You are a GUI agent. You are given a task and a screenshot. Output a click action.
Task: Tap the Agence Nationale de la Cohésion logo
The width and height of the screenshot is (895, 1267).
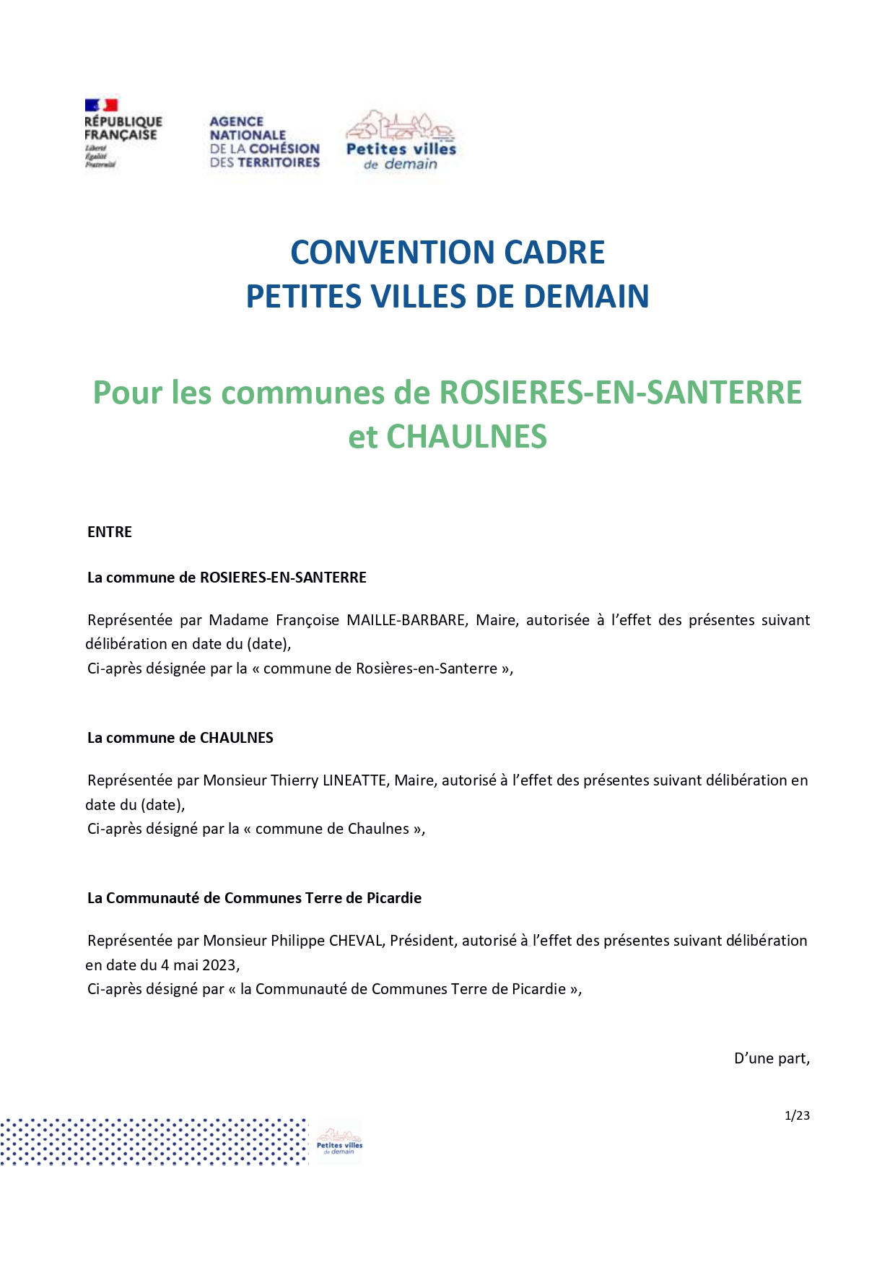264,142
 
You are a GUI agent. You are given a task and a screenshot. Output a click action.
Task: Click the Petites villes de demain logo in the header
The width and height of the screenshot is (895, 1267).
401,141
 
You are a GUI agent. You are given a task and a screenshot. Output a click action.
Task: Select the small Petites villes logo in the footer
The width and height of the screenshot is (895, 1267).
339,1141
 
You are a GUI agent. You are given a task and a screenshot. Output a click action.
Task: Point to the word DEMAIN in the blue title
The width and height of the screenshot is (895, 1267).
586,296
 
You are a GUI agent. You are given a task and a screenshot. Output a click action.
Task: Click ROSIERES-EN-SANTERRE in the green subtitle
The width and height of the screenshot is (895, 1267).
621,392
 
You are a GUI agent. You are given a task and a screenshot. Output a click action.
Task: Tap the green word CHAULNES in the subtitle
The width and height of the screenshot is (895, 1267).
467,436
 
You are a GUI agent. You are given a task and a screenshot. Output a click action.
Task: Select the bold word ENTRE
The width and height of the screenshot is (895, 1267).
110,532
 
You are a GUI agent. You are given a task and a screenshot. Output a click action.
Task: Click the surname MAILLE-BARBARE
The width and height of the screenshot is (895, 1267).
406,620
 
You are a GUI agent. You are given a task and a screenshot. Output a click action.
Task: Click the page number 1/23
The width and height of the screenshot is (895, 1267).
797,1115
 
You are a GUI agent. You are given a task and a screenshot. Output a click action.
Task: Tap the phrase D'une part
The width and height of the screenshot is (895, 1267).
772,1058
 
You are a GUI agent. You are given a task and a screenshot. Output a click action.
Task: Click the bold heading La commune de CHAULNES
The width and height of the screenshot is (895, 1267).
180,738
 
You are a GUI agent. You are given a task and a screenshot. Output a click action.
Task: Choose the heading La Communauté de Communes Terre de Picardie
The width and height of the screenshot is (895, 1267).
254,898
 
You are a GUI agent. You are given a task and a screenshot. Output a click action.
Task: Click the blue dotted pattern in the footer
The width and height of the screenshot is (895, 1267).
154,1141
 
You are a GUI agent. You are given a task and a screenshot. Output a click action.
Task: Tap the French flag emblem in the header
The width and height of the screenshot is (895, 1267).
101,105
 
